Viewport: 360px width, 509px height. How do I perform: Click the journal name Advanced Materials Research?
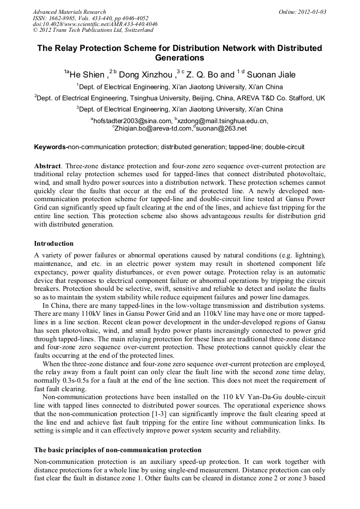tap(69, 12)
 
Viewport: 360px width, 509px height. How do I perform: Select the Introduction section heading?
tap(54, 244)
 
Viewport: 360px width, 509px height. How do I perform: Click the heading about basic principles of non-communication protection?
tap(117, 450)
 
